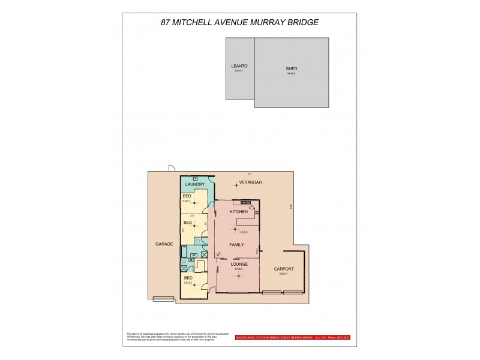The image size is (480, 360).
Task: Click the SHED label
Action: (x=292, y=69)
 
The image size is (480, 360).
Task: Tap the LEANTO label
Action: (x=239, y=65)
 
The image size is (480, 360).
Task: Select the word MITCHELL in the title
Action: (x=205, y=22)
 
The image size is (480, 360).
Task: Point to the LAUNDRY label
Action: (x=196, y=184)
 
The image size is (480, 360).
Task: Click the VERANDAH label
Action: (x=250, y=181)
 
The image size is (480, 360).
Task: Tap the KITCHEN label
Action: (x=239, y=212)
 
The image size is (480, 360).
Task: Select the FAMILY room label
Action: (x=236, y=245)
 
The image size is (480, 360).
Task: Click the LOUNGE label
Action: (x=239, y=263)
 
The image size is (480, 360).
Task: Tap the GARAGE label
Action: (x=164, y=244)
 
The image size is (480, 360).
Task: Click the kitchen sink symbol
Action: (x=245, y=201)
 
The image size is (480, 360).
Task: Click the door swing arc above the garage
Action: (x=172, y=169)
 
